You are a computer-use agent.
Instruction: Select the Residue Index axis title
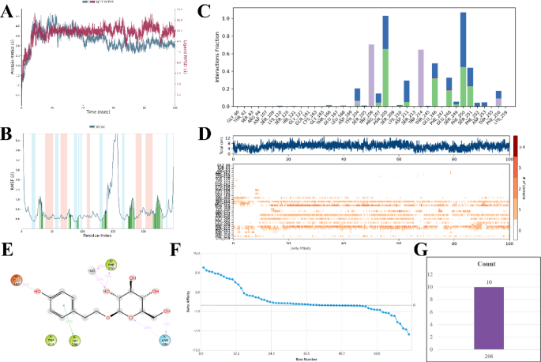(93, 235)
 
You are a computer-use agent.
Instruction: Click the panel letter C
(204, 10)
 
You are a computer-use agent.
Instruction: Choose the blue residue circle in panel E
(164, 341)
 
